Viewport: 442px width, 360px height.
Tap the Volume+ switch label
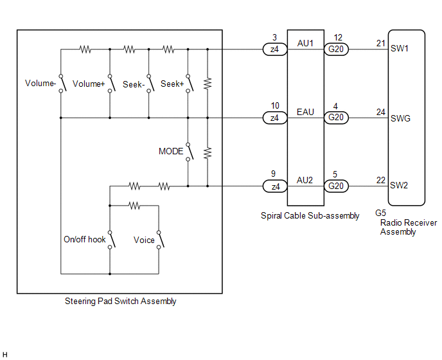coord(89,84)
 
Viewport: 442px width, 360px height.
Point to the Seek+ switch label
coord(172,84)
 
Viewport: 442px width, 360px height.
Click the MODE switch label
coord(171,152)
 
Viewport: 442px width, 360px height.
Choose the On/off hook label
coord(84,240)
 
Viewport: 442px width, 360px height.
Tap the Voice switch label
coord(144,240)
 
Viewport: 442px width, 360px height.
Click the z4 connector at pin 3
coord(274,49)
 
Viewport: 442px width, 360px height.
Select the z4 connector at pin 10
coord(274,118)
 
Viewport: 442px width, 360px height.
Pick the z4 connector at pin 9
coord(274,186)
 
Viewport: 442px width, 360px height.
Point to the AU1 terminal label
coord(305,43)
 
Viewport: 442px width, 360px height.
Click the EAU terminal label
coord(305,112)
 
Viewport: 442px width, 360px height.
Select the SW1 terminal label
coord(400,49)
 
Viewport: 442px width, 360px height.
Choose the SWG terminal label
coord(400,118)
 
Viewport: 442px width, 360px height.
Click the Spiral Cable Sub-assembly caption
coord(310,216)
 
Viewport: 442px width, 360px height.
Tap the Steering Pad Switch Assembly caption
coord(121,301)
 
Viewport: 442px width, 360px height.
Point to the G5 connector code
coord(380,213)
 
